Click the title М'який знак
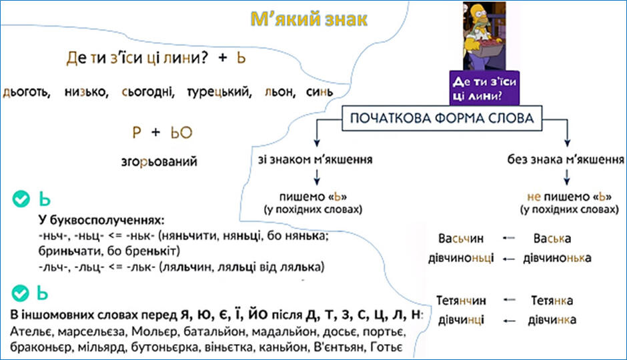pyautogui.click(x=309, y=19)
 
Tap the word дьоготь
pyautogui.click(x=27, y=93)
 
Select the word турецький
pyautogui.click(x=219, y=93)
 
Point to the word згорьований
pyautogui.click(x=159, y=162)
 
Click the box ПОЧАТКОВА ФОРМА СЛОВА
pyautogui.click(x=442, y=118)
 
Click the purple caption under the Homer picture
pyautogui.click(x=484, y=88)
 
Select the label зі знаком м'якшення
pyautogui.click(x=315, y=160)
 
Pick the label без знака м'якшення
pyautogui.click(x=566, y=160)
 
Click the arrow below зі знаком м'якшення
pyautogui.click(x=317, y=177)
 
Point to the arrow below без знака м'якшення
pyautogui.click(x=566, y=177)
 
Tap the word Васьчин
pyautogui.click(x=461, y=239)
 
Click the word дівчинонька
pyautogui.click(x=557, y=258)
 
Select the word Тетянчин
pyautogui.click(x=461, y=301)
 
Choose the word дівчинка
pyautogui.click(x=552, y=320)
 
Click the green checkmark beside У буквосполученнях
pyautogui.click(x=21, y=199)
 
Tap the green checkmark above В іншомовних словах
pyautogui.click(x=20, y=293)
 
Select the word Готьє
pyautogui.click(x=386, y=347)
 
